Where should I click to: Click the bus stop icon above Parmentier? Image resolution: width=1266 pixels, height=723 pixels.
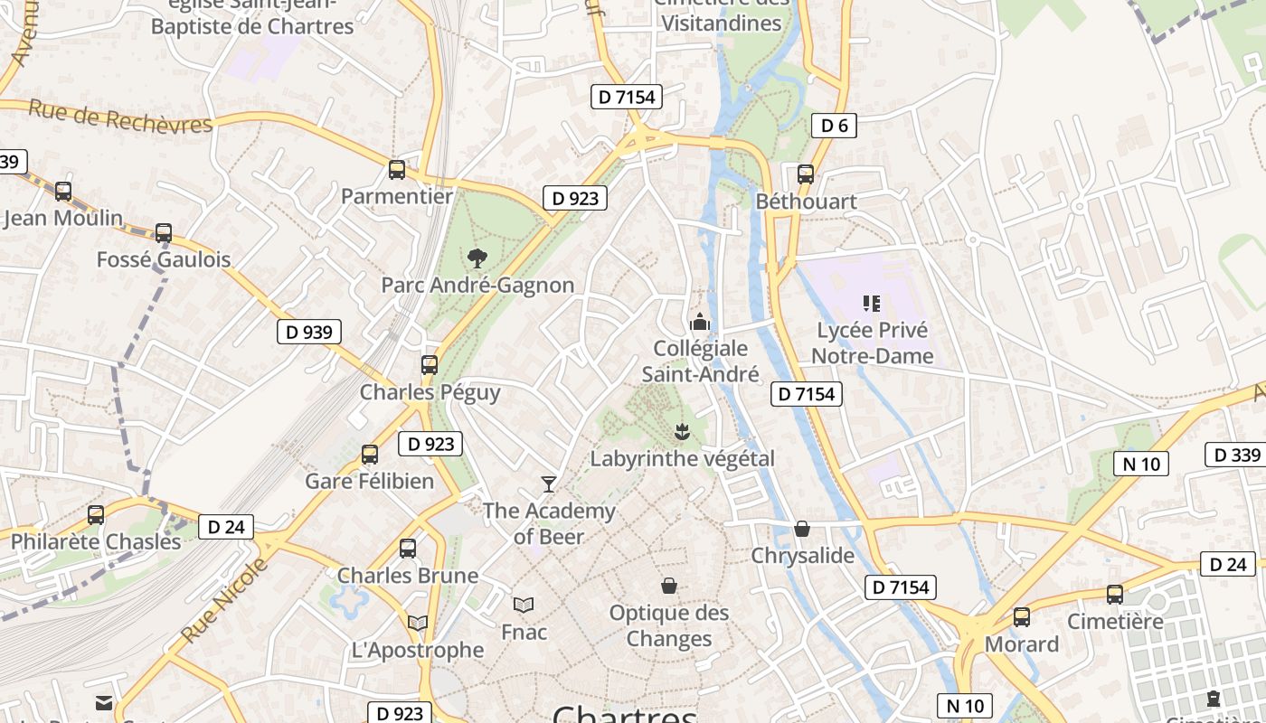(x=396, y=170)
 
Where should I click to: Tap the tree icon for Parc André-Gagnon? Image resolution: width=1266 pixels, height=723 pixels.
(x=477, y=258)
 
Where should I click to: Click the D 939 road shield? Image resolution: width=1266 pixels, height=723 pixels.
(x=309, y=332)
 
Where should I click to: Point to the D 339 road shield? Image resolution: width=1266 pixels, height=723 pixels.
(x=1235, y=455)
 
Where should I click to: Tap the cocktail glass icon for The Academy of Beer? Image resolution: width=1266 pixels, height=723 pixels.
(x=548, y=484)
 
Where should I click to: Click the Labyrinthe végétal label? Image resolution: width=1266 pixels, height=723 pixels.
(x=682, y=458)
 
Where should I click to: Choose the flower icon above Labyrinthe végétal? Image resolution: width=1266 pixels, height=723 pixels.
(x=682, y=432)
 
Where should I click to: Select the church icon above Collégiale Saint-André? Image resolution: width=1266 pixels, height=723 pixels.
(x=699, y=322)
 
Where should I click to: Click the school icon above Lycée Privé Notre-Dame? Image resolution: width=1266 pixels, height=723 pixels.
(x=872, y=303)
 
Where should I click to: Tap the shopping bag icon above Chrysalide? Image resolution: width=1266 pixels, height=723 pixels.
(x=801, y=529)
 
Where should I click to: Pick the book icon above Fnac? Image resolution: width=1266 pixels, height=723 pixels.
(x=524, y=605)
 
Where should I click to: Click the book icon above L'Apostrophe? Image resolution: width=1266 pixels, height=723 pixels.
(x=417, y=623)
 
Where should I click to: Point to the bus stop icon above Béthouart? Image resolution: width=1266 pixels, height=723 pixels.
(x=805, y=174)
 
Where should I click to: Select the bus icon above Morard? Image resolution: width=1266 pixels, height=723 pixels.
(x=1021, y=617)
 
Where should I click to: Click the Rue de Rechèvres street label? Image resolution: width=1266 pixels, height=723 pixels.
(x=120, y=118)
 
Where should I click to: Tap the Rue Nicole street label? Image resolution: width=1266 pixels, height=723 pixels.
(x=225, y=600)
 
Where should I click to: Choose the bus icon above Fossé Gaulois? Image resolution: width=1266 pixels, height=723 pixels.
(x=164, y=233)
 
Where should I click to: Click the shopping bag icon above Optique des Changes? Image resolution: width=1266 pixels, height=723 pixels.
(x=669, y=587)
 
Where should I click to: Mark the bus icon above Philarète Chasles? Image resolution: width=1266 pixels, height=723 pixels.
(x=96, y=515)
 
